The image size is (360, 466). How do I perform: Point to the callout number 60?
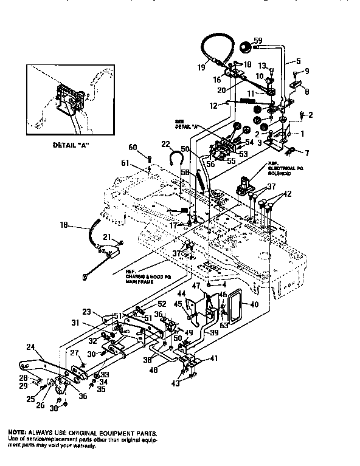coord(133,147)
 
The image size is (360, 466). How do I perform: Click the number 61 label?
coord(142,163)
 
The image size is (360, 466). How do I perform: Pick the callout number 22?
coord(165,143)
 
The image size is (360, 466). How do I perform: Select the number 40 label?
coord(254,304)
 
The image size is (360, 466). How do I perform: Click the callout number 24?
coord(30,348)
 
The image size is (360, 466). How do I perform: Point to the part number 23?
coord(88,312)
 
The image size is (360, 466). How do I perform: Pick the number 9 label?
coord(307,71)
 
